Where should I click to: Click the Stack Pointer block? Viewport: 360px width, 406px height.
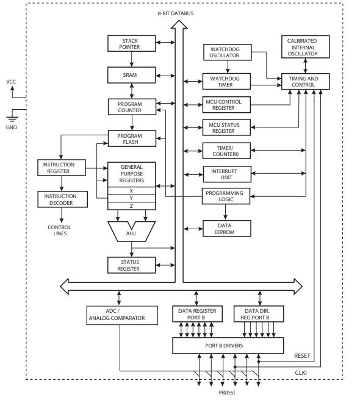point(131,43)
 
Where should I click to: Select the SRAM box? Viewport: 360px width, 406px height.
point(131,75)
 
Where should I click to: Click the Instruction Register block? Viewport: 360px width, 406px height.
point(59,168)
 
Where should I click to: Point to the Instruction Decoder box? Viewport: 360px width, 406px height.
point(59,199)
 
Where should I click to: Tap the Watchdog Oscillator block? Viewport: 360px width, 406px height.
point(225,52)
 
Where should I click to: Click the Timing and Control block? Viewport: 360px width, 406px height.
point(304,82)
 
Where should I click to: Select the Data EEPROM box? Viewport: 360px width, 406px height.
point(225,229)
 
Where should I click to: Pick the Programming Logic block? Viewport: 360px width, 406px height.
point(225,196)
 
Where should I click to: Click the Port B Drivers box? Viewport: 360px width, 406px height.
point(228,346)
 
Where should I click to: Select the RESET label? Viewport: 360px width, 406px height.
point(302,356)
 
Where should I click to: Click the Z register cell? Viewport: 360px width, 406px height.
point(131,206)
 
